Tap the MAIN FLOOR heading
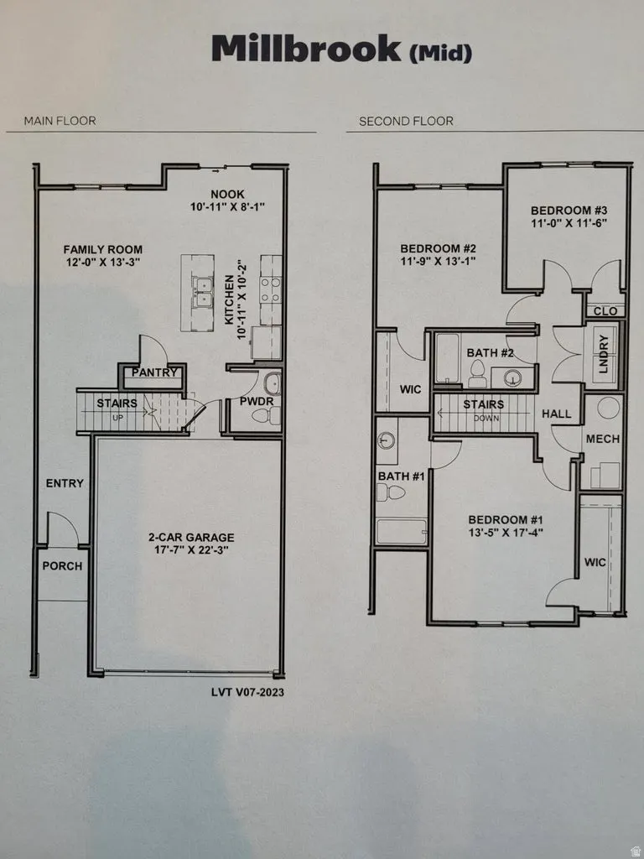coord(60,121)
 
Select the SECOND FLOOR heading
coord(406,121)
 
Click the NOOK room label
coord(227,191)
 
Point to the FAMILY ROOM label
coord(103,249)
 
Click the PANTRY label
coord(152,372)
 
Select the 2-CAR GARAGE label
coord(191,537)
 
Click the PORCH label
coord(62,566)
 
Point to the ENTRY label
coord(65,483)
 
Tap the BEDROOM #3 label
coord(569,210)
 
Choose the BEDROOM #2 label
coord(438,248)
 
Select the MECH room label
coord(602,439)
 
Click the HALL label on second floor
coord(557,414)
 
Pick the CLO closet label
coord(605,311)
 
